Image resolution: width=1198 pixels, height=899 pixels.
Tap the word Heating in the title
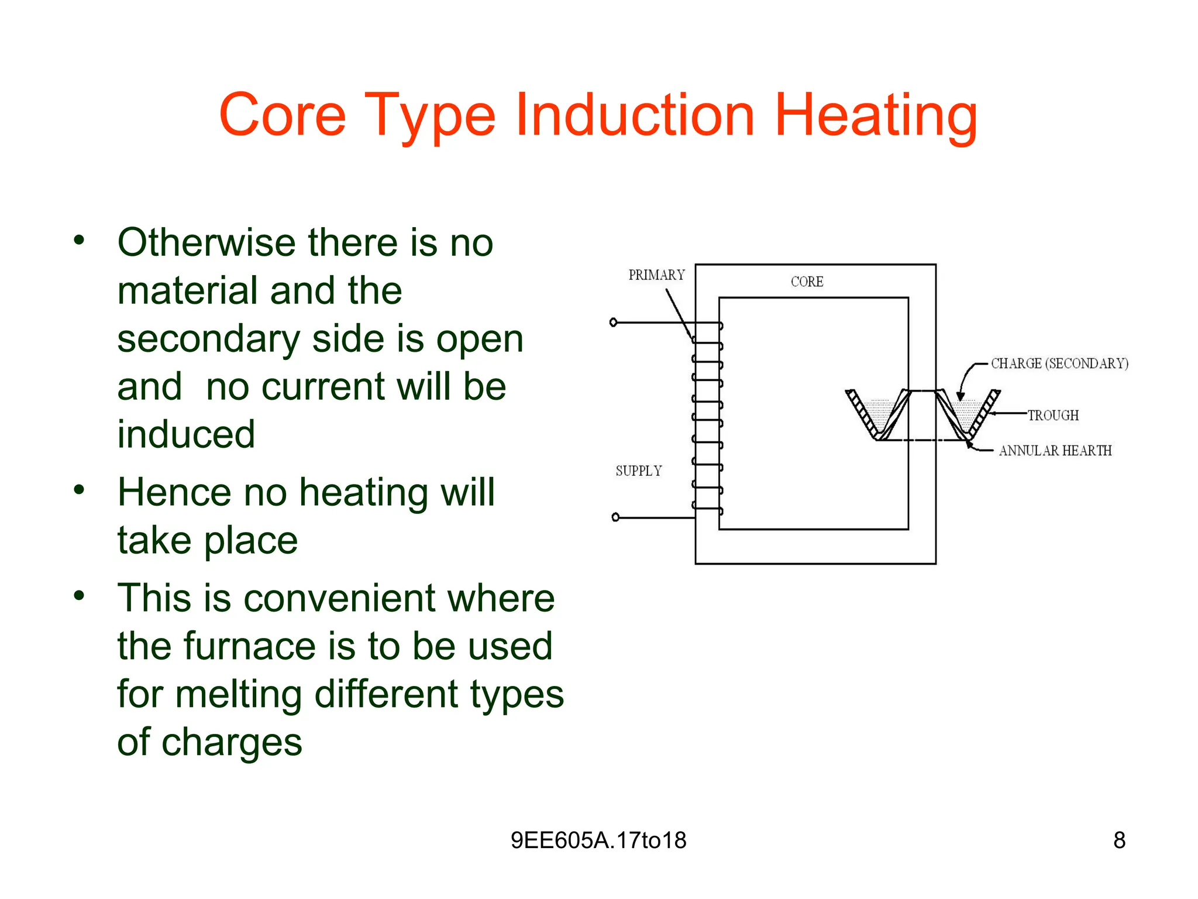tap(876, 116)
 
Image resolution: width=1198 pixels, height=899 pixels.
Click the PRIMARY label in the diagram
tap(656, 275)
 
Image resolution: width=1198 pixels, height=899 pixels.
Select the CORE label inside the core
tap(807, 282)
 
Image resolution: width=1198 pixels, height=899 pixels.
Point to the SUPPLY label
tap(639, 471)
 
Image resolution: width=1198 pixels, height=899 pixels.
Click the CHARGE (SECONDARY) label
tap(1059, 363)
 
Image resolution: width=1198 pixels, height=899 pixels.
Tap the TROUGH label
tap(1053, 416)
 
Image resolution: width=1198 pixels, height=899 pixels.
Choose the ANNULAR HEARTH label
tap(1055, 451)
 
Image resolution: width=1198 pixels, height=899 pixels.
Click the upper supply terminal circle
tap(614, 322)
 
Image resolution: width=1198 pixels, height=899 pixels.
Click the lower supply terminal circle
tap(615, 517)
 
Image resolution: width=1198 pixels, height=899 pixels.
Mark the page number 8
tap(1119, 840)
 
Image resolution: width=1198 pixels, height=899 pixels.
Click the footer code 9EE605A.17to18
tap(598, 840)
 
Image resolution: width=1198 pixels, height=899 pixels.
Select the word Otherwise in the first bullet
tap(206, 242)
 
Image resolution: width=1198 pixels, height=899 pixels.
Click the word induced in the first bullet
tap(186, 434)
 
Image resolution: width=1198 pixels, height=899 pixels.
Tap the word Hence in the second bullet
tap(174, 492)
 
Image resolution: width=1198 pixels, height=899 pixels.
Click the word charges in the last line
tap(232, 742)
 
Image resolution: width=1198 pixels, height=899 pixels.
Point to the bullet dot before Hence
tap(79, 489)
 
